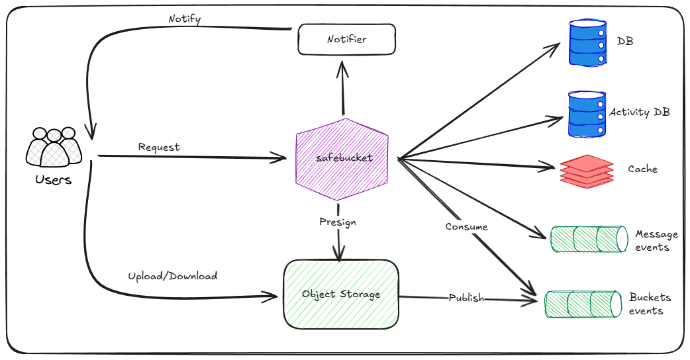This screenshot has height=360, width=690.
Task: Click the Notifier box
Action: point(346,40)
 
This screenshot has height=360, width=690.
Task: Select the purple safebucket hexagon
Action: point(342,159)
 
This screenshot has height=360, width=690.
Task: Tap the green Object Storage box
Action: point(341,294)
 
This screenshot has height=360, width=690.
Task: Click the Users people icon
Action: point(54,147)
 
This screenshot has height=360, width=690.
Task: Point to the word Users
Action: point(54,179)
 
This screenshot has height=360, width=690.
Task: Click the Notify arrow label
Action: point(185,19)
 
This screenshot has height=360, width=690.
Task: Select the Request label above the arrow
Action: point(159,147)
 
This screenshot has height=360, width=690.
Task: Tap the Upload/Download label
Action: point(172,275)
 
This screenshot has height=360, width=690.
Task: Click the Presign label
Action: point(337,222)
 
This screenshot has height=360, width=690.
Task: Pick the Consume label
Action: point(466,226)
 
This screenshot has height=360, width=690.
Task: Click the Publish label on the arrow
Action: point(466,298)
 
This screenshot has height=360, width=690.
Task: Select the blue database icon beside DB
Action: point(588,42)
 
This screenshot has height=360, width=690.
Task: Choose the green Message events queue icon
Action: point(587,240)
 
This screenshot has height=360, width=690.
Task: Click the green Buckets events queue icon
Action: point(583,304)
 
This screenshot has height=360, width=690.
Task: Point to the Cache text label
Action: point(642,169)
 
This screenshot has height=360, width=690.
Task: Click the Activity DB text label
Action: point(639,112)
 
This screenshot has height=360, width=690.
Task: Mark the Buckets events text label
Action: point(650,304)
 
